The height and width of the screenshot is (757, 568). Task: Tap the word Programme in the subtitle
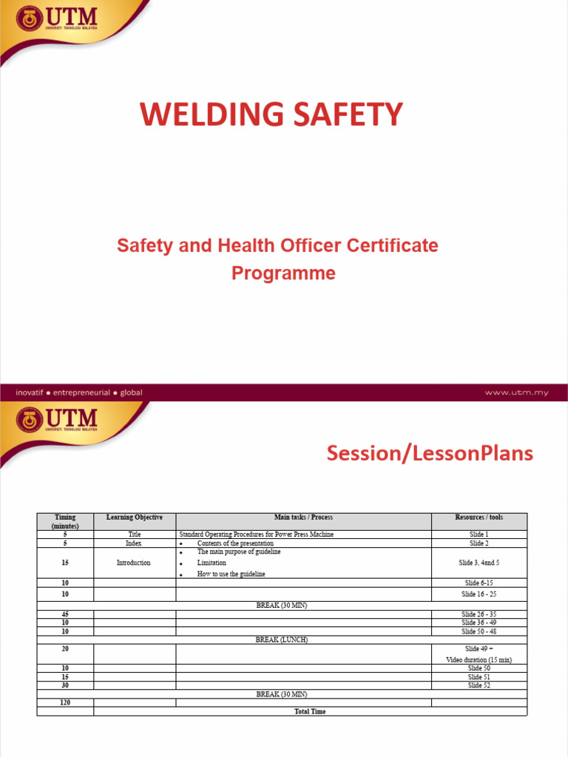pos(283,273)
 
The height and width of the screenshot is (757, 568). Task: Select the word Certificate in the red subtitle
pos(388,245)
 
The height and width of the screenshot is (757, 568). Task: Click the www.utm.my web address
pos(516,393)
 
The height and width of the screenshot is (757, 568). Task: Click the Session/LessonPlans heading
pos(430,453)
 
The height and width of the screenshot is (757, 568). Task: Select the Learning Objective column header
pos(135,517)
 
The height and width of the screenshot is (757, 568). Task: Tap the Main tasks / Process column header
pos(303,517)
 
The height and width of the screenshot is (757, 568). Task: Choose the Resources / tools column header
pos(479,517)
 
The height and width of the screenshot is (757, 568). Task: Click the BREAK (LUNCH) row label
pos(282,640)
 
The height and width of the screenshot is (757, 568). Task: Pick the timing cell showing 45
pos(65,614)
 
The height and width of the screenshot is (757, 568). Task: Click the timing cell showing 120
pos(65,702)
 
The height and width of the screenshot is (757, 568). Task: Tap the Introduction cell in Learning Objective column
pos(134,563)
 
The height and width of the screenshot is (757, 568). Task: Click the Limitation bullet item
pos(212,563)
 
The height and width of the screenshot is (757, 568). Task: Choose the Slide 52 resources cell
pos(479,685)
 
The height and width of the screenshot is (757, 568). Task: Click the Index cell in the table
pos(134,543)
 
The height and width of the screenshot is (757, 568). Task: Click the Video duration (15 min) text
pos(479,659)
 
